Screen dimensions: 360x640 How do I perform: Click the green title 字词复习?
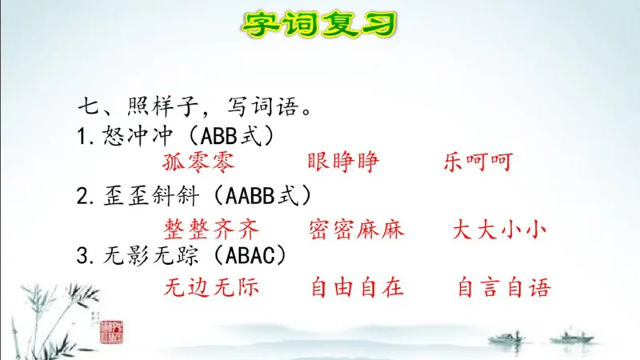coord(319,24)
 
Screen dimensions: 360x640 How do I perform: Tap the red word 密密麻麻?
coord(357,230)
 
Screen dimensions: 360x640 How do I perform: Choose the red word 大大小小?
coord(498,230)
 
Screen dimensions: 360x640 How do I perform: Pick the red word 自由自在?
coord(357,286)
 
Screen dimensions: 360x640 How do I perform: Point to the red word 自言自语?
coord(504,286)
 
